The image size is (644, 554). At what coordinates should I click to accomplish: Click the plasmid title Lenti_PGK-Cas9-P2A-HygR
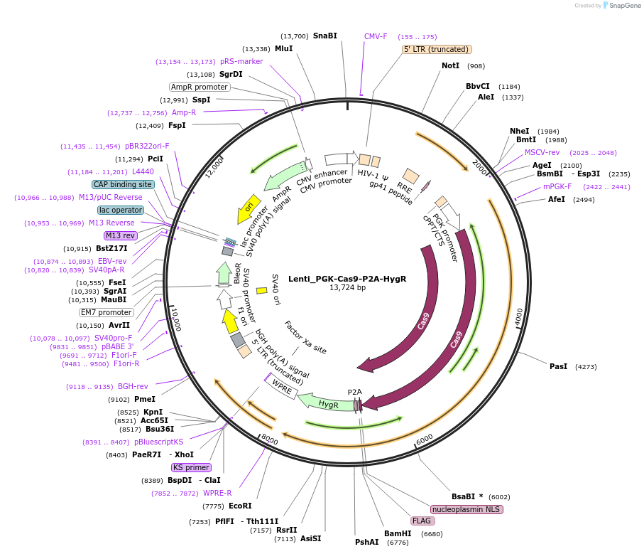tap(347, 279)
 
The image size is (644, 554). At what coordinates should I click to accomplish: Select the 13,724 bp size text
tap(347, 288)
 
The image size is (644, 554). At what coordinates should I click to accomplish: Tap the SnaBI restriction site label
tap(325, 36)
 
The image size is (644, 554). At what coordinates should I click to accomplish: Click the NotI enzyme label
tap(450, 65)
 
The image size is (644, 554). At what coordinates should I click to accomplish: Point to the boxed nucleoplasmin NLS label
tap(466, 509)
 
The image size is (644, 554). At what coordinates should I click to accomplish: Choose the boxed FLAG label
tap(422, 521)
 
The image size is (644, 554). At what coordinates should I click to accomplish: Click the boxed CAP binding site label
tap(123, 184)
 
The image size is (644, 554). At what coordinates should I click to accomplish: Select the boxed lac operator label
tap(121, 210)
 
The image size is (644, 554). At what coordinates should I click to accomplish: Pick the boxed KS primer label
tap(192, 467)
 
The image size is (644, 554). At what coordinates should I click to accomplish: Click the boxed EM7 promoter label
tap(106, 312)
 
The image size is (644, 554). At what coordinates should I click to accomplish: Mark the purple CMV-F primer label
tap(376, 36)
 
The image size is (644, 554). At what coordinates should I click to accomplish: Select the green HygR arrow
tap(327, 403)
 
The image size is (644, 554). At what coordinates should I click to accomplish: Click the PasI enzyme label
tap(558, 366)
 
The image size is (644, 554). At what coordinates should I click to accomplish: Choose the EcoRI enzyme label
tap(240, 506)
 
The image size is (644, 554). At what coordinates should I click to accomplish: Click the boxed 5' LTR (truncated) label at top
tap(437, 49)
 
